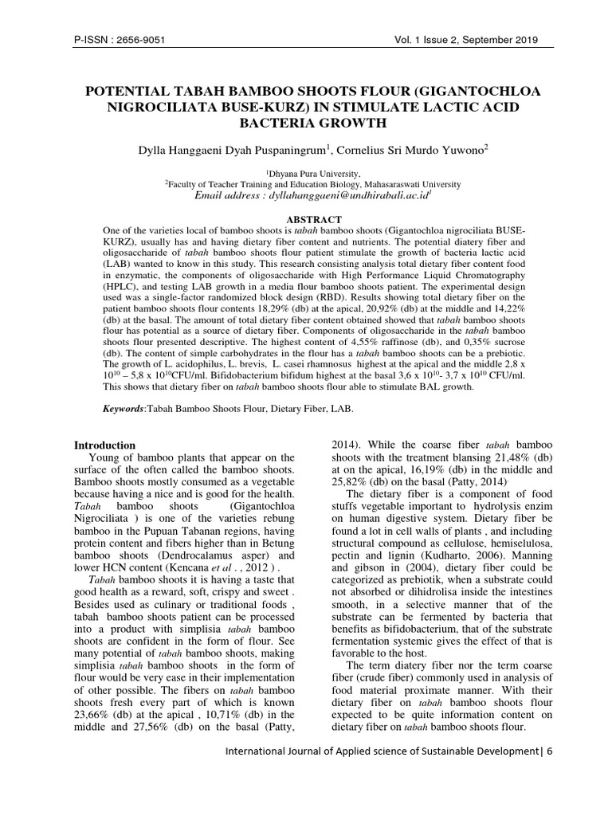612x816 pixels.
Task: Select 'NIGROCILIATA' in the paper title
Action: tap(164, 108)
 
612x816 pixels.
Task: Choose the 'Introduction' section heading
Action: tap(104, 445)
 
